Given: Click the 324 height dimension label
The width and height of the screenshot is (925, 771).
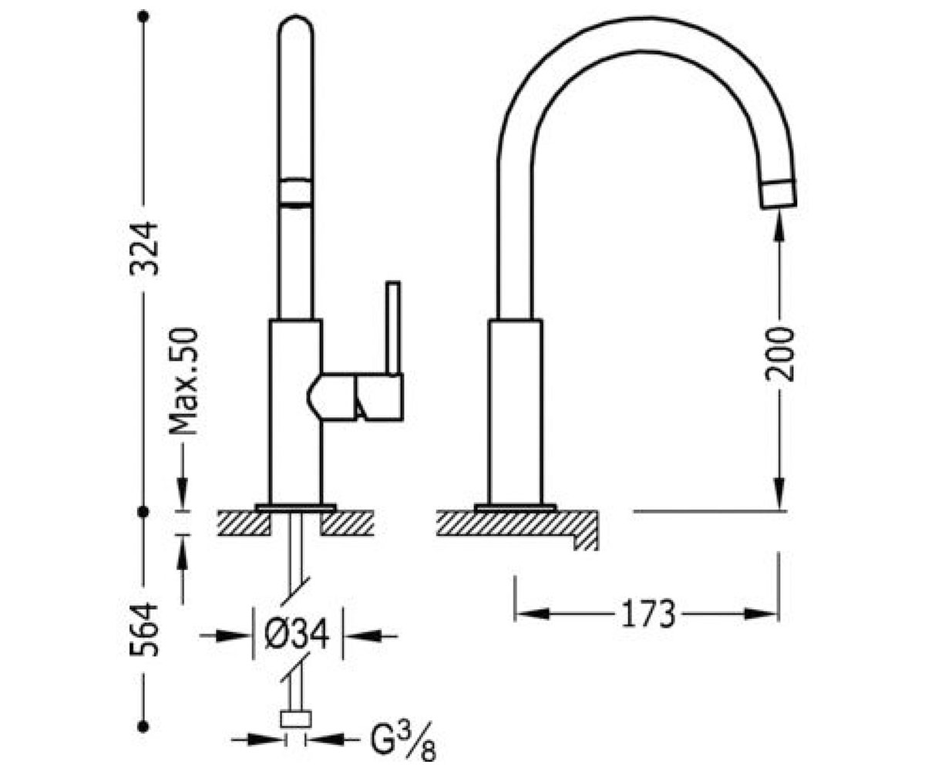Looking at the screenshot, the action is [x=144, y=249].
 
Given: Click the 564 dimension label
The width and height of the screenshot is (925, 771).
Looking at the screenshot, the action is [x=144, y=630].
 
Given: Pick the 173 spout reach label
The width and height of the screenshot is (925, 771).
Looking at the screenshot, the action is [x=648, y=614].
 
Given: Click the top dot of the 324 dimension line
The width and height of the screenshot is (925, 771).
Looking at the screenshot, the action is [x=143, y=17].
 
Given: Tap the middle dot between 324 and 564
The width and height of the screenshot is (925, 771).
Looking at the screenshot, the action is [x=143, y=512].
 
